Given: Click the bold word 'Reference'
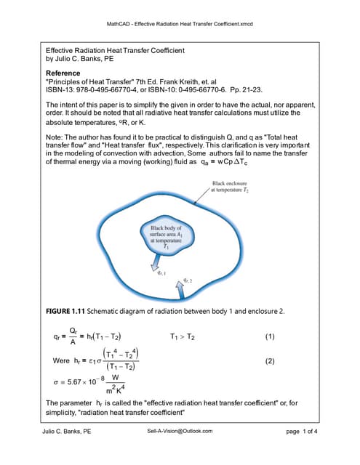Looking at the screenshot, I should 63,73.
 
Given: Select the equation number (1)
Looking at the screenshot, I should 270,337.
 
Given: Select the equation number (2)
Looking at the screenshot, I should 270,361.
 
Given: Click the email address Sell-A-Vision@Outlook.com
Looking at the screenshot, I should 180,431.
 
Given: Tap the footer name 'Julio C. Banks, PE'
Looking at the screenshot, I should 67,431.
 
